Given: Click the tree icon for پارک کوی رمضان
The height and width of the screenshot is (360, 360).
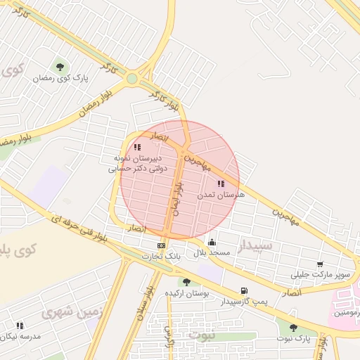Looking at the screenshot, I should (x=60, y=67).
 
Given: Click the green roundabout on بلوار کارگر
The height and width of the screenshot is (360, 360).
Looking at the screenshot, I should (x=132, y=79).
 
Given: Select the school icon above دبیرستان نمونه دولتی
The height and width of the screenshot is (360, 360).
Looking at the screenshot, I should (x=137, y=147).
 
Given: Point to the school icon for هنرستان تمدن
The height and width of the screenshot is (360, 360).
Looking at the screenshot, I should (x=221, y=184).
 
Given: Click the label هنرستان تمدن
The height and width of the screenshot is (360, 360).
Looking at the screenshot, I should (x=220, y=194).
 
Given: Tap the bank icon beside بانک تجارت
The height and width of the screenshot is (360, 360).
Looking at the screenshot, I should (x=162, y=245).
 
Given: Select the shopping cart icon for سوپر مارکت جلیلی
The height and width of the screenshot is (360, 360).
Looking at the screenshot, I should (x=320, y=264).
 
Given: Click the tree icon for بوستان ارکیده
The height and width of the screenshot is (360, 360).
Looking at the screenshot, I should (x=186, y=281).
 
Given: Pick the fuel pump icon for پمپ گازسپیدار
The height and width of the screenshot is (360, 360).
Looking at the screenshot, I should (x=243, y=290).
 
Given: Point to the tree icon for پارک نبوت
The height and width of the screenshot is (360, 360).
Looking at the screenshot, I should (x=293, y=328).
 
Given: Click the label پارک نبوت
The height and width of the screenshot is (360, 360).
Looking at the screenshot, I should (x=293, y=339).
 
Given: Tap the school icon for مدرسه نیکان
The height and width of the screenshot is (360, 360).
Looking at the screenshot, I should (x=20, y=326).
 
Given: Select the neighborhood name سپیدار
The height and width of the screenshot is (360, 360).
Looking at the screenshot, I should (x=254, y=245).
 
